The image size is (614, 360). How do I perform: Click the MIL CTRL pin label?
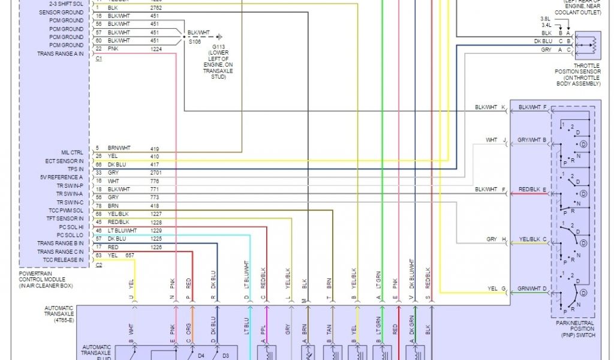72,152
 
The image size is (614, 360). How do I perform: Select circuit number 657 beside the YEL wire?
130,256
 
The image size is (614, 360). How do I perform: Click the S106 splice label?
194,41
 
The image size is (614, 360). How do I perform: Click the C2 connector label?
98,265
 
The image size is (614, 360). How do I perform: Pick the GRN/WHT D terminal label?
532,289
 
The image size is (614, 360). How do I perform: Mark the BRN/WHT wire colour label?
119,148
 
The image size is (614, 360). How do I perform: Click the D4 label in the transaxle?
201,356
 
